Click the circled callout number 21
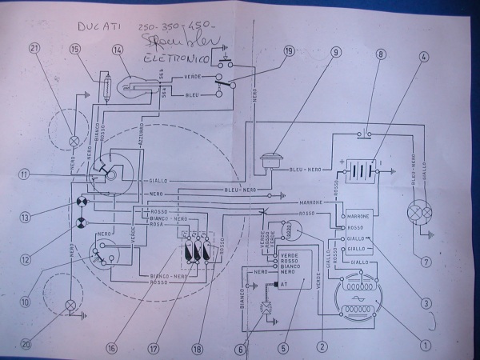[33, 47]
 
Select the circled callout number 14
[118, 50]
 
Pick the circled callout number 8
[381, 54]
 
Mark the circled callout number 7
[426, 260]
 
